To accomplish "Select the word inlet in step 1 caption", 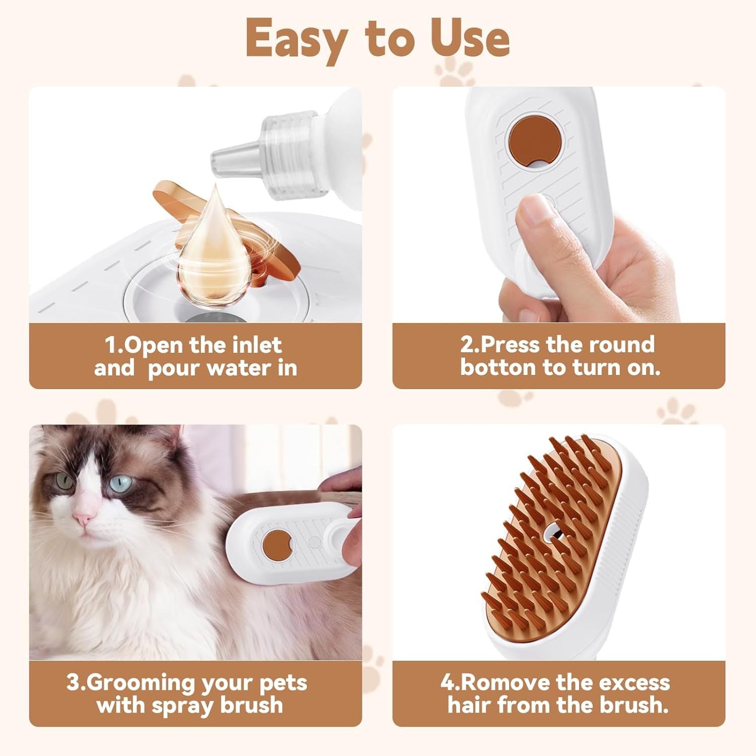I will click(x=257, y=345).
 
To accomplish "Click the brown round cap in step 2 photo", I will click(x=535, y=141).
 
